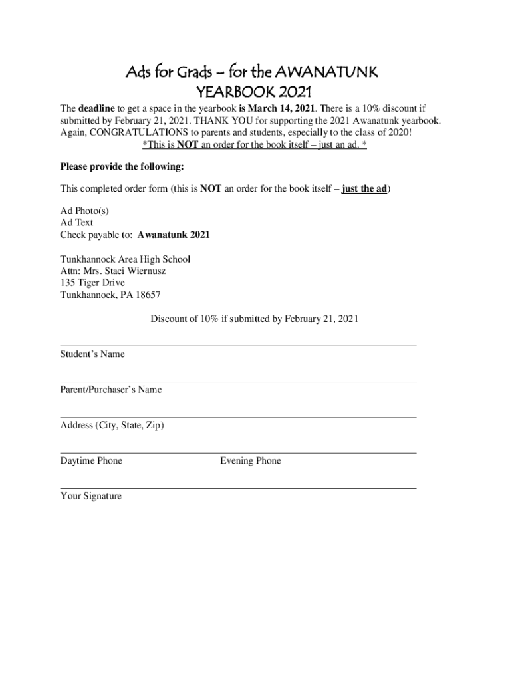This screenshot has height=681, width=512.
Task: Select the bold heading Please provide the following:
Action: point(122,166)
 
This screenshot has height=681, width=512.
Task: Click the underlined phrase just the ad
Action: point(364,188)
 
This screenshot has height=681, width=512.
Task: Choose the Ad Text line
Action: point(77,223)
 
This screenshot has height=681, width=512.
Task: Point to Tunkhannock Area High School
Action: point(125,259)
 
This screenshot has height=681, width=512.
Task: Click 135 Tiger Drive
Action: point(92,283)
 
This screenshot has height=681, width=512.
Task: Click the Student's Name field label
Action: point(92,354)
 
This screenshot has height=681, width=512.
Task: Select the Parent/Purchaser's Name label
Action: point(111,390)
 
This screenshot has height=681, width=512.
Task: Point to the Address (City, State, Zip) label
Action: point(112,425)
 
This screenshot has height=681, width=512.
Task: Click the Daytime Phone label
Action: point(91,461)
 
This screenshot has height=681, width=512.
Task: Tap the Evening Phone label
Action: point(251,461)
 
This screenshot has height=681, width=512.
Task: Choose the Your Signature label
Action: point(91,496)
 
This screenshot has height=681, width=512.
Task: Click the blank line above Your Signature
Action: point(238,488)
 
